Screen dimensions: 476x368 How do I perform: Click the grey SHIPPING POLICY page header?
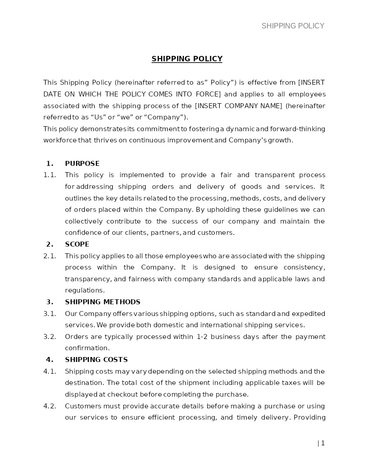point(293,26)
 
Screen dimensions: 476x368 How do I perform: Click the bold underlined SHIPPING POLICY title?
point(187,59)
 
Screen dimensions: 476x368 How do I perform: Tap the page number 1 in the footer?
point(322,443)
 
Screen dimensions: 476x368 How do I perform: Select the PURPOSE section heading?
point(82,164)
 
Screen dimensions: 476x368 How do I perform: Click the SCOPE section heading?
point(77,244)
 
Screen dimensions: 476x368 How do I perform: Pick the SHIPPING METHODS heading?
point(102,302)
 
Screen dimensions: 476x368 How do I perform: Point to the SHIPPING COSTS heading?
point(96,360)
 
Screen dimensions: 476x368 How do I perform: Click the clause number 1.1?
point(50,175)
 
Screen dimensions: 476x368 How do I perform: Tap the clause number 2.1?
point(50,256)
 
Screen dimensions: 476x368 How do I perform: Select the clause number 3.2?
point(50,337)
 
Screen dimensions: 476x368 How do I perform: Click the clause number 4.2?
point(50,406)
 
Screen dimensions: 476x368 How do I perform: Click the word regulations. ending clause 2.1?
point(85,290)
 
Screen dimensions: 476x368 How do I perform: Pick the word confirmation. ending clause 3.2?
point(87,348)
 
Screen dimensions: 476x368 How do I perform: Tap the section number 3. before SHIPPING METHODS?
point(50,302)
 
